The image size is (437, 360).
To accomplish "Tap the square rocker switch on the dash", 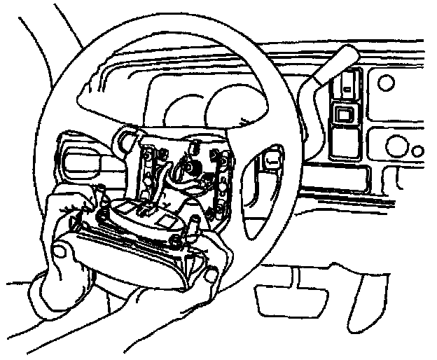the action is pos(342,116).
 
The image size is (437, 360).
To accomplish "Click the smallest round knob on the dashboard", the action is pos(418,151).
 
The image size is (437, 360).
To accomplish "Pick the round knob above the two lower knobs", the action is pos(386,83).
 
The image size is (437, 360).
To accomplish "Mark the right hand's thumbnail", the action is pos(210,275).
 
